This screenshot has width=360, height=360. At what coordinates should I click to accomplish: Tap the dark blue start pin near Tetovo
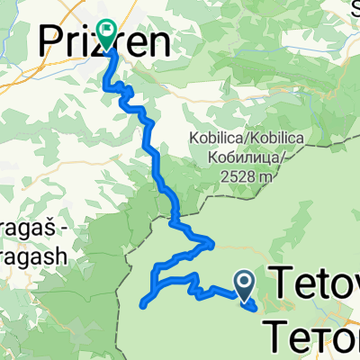(244, 283)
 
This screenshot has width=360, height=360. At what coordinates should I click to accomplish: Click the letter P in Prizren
(51, 40)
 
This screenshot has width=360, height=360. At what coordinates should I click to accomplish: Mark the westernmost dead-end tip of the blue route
(143, 304)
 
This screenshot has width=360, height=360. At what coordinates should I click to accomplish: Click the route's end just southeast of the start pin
(256, 307)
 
